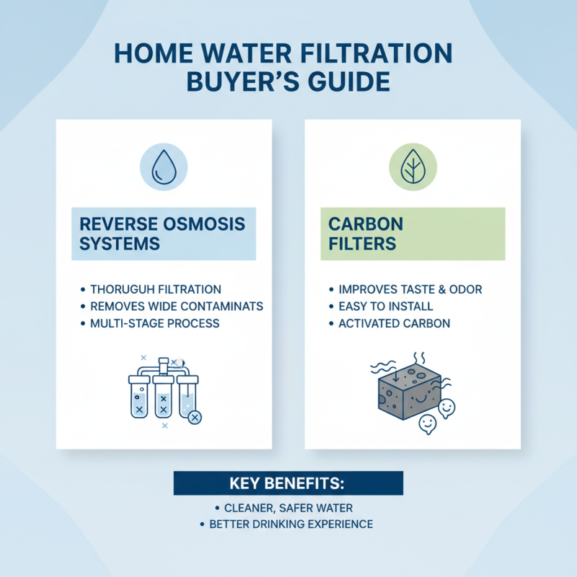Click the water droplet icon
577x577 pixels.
[163, 167]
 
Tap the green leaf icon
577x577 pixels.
[413, 167]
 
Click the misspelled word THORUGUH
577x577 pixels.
[126, 289]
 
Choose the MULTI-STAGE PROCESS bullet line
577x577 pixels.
[155, 324]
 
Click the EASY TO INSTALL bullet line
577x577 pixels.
[386, 307]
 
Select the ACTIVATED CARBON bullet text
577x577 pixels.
[395, 324]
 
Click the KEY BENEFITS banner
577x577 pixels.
[288, 483]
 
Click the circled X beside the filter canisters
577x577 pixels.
[195, 417]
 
